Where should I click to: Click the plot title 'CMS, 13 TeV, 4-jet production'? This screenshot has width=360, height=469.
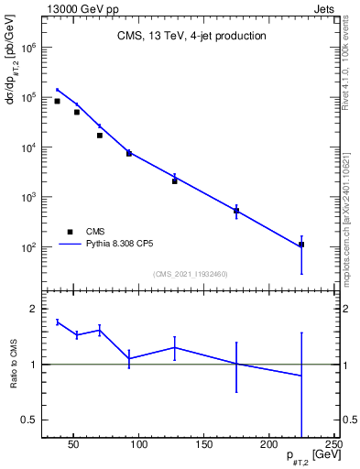click(191, 37)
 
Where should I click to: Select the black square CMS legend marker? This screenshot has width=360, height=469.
click(70, 232)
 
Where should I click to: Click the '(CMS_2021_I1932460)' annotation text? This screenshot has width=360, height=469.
click(191, 274)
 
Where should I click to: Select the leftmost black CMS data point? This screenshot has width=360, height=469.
click(57, 101)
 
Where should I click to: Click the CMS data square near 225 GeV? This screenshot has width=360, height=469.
click(301, 245)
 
